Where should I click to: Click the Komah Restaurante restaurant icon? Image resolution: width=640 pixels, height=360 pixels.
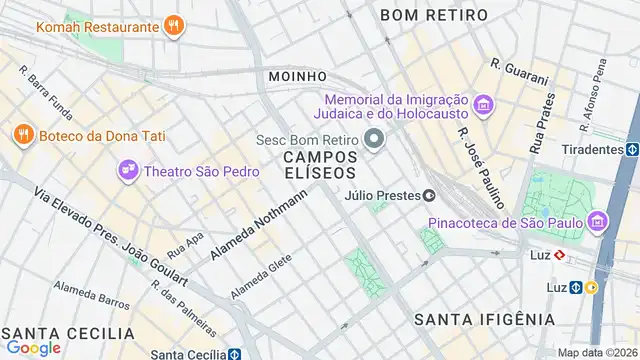[x=174, y=25]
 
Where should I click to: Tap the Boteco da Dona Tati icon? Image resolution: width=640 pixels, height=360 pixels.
[x=22, y=133]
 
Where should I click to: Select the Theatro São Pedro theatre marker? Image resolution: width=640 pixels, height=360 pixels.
[x=128, y=171]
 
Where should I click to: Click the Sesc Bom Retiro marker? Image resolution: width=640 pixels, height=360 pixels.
[x=375, y=139]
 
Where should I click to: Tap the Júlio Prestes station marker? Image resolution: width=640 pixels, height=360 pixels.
[x=429, y=196]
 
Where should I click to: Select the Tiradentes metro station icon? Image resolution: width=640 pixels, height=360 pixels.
[x=633, y=149]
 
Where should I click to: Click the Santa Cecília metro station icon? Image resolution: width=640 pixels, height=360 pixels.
[x=233, y=354]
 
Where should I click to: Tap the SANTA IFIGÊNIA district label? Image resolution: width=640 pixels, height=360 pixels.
[x=485, y=319]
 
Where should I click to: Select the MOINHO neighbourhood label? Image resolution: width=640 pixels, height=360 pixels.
[x=298, y=76]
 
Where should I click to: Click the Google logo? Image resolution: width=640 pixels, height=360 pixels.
[x=33, y=347]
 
